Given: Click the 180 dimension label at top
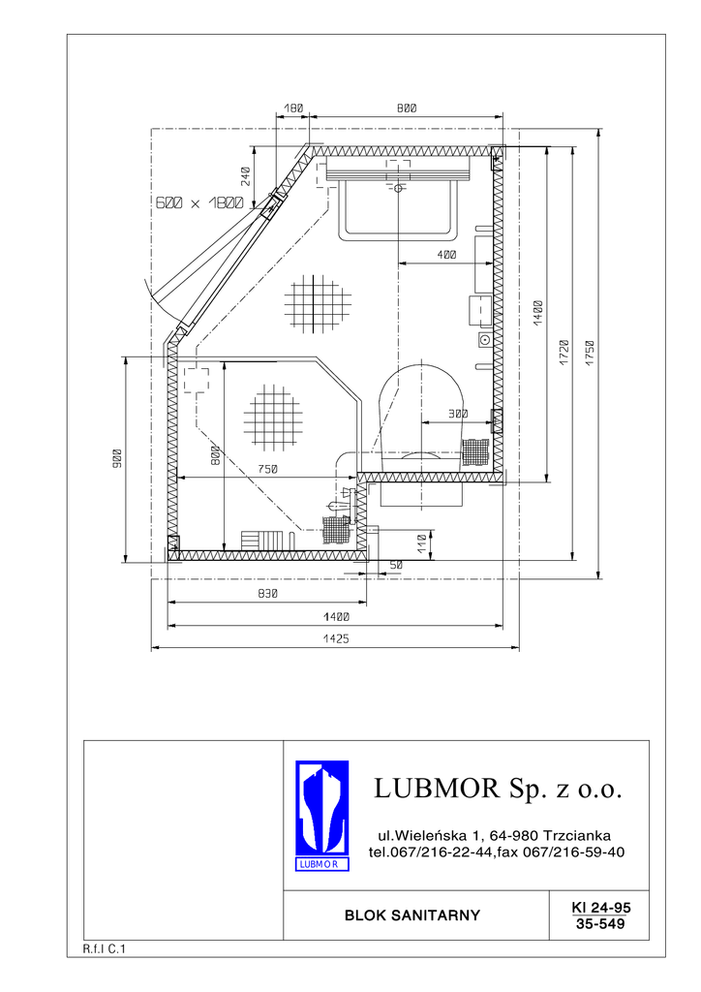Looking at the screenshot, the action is [294, 108].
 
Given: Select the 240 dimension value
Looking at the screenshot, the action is [246, 176].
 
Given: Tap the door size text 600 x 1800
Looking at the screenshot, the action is [199, 203].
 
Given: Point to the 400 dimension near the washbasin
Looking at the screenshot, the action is [446, 255].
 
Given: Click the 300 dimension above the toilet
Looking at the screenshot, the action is [458, 414].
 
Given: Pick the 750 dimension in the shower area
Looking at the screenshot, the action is [268, 469].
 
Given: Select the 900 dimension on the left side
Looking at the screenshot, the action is [116, 458].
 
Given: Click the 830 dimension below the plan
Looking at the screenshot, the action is [268, 594].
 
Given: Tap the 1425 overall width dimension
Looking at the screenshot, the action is [336, 639].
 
